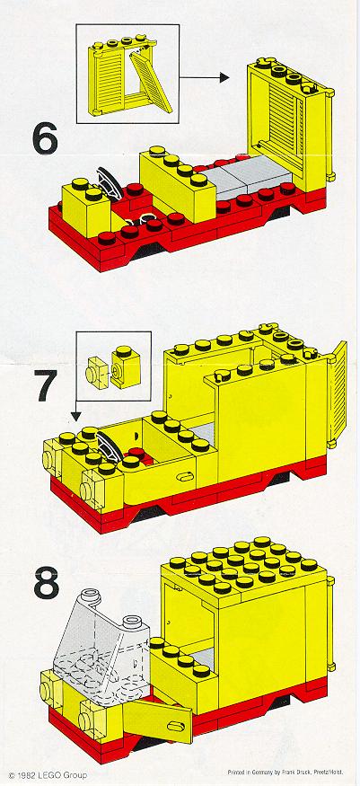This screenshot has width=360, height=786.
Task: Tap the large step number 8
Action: click(x=46, y=581)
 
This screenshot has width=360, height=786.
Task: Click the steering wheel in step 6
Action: click(x=110, y=183)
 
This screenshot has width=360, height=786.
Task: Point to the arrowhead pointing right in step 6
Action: click(x=224, y=77)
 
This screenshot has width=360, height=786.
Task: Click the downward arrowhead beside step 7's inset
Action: click(x=75, y=416)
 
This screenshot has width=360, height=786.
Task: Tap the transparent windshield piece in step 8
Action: click(x=101, y=656)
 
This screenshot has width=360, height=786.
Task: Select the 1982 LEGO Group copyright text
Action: click(x=48, y=775)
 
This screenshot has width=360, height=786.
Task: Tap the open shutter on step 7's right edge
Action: click(x=338, y=394)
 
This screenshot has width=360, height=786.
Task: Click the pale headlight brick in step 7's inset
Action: click(x=97, y=373)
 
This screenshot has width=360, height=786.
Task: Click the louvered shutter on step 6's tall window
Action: click(x=284, y=123)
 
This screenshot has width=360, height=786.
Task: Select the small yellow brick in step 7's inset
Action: click(x=126, y=367)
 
